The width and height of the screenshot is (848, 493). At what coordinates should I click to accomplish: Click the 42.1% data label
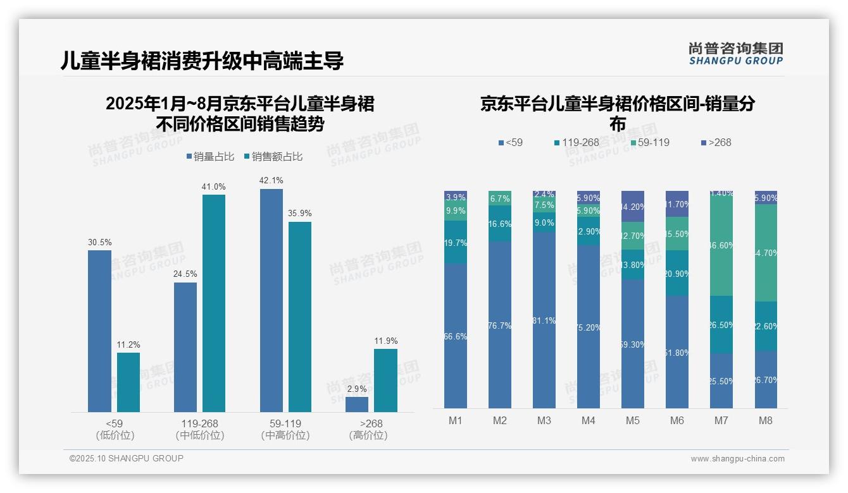271,181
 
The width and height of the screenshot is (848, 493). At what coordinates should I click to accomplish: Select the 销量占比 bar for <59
99,331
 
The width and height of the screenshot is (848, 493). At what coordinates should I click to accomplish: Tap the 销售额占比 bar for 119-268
214,303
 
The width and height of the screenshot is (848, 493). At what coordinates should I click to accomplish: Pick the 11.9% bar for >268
385,380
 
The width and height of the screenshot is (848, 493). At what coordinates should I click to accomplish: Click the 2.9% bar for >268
357,405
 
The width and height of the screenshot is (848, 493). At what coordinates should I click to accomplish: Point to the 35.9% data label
300,214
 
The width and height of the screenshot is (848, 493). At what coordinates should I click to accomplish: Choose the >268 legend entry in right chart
716,142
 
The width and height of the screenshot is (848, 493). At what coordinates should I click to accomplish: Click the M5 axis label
632,420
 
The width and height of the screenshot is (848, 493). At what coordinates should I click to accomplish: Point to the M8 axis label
765,420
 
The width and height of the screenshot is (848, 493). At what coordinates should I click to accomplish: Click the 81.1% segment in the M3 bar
544,320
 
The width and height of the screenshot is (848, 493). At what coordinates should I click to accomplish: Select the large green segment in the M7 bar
721,245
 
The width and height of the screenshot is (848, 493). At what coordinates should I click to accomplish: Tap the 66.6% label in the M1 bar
456,337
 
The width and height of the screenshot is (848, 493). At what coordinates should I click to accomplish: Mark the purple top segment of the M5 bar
633,206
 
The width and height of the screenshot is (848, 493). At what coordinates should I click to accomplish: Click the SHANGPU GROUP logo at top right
735,53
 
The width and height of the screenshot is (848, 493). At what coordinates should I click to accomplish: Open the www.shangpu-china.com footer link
737,459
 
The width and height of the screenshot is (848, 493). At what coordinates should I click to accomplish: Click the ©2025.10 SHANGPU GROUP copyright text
127,458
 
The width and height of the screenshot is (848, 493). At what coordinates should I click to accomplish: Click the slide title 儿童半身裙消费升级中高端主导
202,61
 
